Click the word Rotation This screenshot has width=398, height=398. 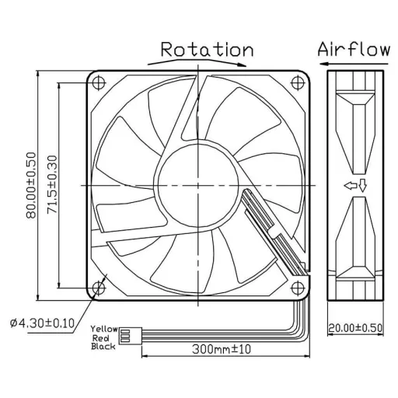[x=206, y=50]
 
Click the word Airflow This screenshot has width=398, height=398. [x=353, y=49]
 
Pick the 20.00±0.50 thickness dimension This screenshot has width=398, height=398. [x=356, y=327]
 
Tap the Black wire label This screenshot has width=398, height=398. [x=103, y=347]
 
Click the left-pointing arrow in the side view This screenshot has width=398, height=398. [x=351, y=185]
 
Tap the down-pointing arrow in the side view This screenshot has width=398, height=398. [x=362, y=185]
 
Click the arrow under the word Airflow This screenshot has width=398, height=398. [x=354, y=64]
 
